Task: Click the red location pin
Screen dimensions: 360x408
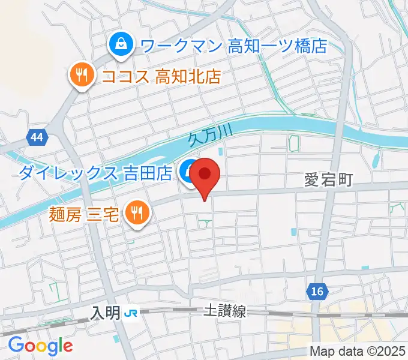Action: coord(205,175)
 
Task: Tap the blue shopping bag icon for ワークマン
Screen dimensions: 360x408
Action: coord(121,44)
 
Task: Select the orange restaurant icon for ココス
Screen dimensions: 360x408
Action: coord(80,75)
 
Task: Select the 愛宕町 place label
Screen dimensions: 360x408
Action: coord(328,180)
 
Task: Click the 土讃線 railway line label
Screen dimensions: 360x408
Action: coord(224,311)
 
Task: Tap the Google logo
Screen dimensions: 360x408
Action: coord(40,346)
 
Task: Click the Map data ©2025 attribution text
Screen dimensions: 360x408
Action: coord(358,351)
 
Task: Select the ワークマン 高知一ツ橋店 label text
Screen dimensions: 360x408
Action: coord(233,45)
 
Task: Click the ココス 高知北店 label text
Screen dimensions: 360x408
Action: coord(161,76)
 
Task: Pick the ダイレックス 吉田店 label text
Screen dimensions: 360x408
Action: coord(96,174)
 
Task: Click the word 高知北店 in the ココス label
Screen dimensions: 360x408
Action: coord(188,76)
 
